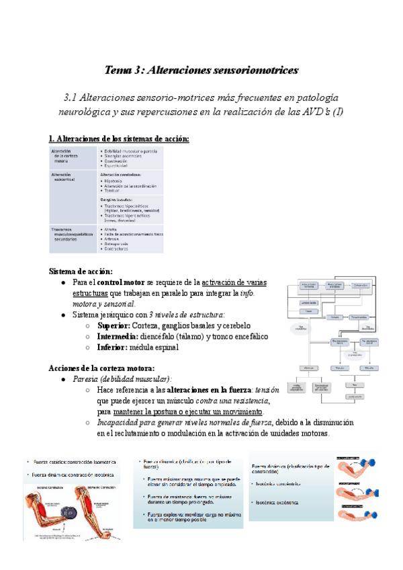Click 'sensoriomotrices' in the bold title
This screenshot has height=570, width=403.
pyautogui.click(x=252, y=70)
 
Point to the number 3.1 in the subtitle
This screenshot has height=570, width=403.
pyautogui.click(x=71, y=97)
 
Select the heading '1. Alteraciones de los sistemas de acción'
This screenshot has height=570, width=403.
pyautogui.click(x=119, y=138)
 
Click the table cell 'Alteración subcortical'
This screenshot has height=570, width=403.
pyautogui.click(x=64, y=177)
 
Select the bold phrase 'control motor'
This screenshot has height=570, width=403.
pyautogui.click(x=115, y=282)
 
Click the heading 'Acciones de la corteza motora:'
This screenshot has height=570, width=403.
pyautogui.click(x=102, y=368)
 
